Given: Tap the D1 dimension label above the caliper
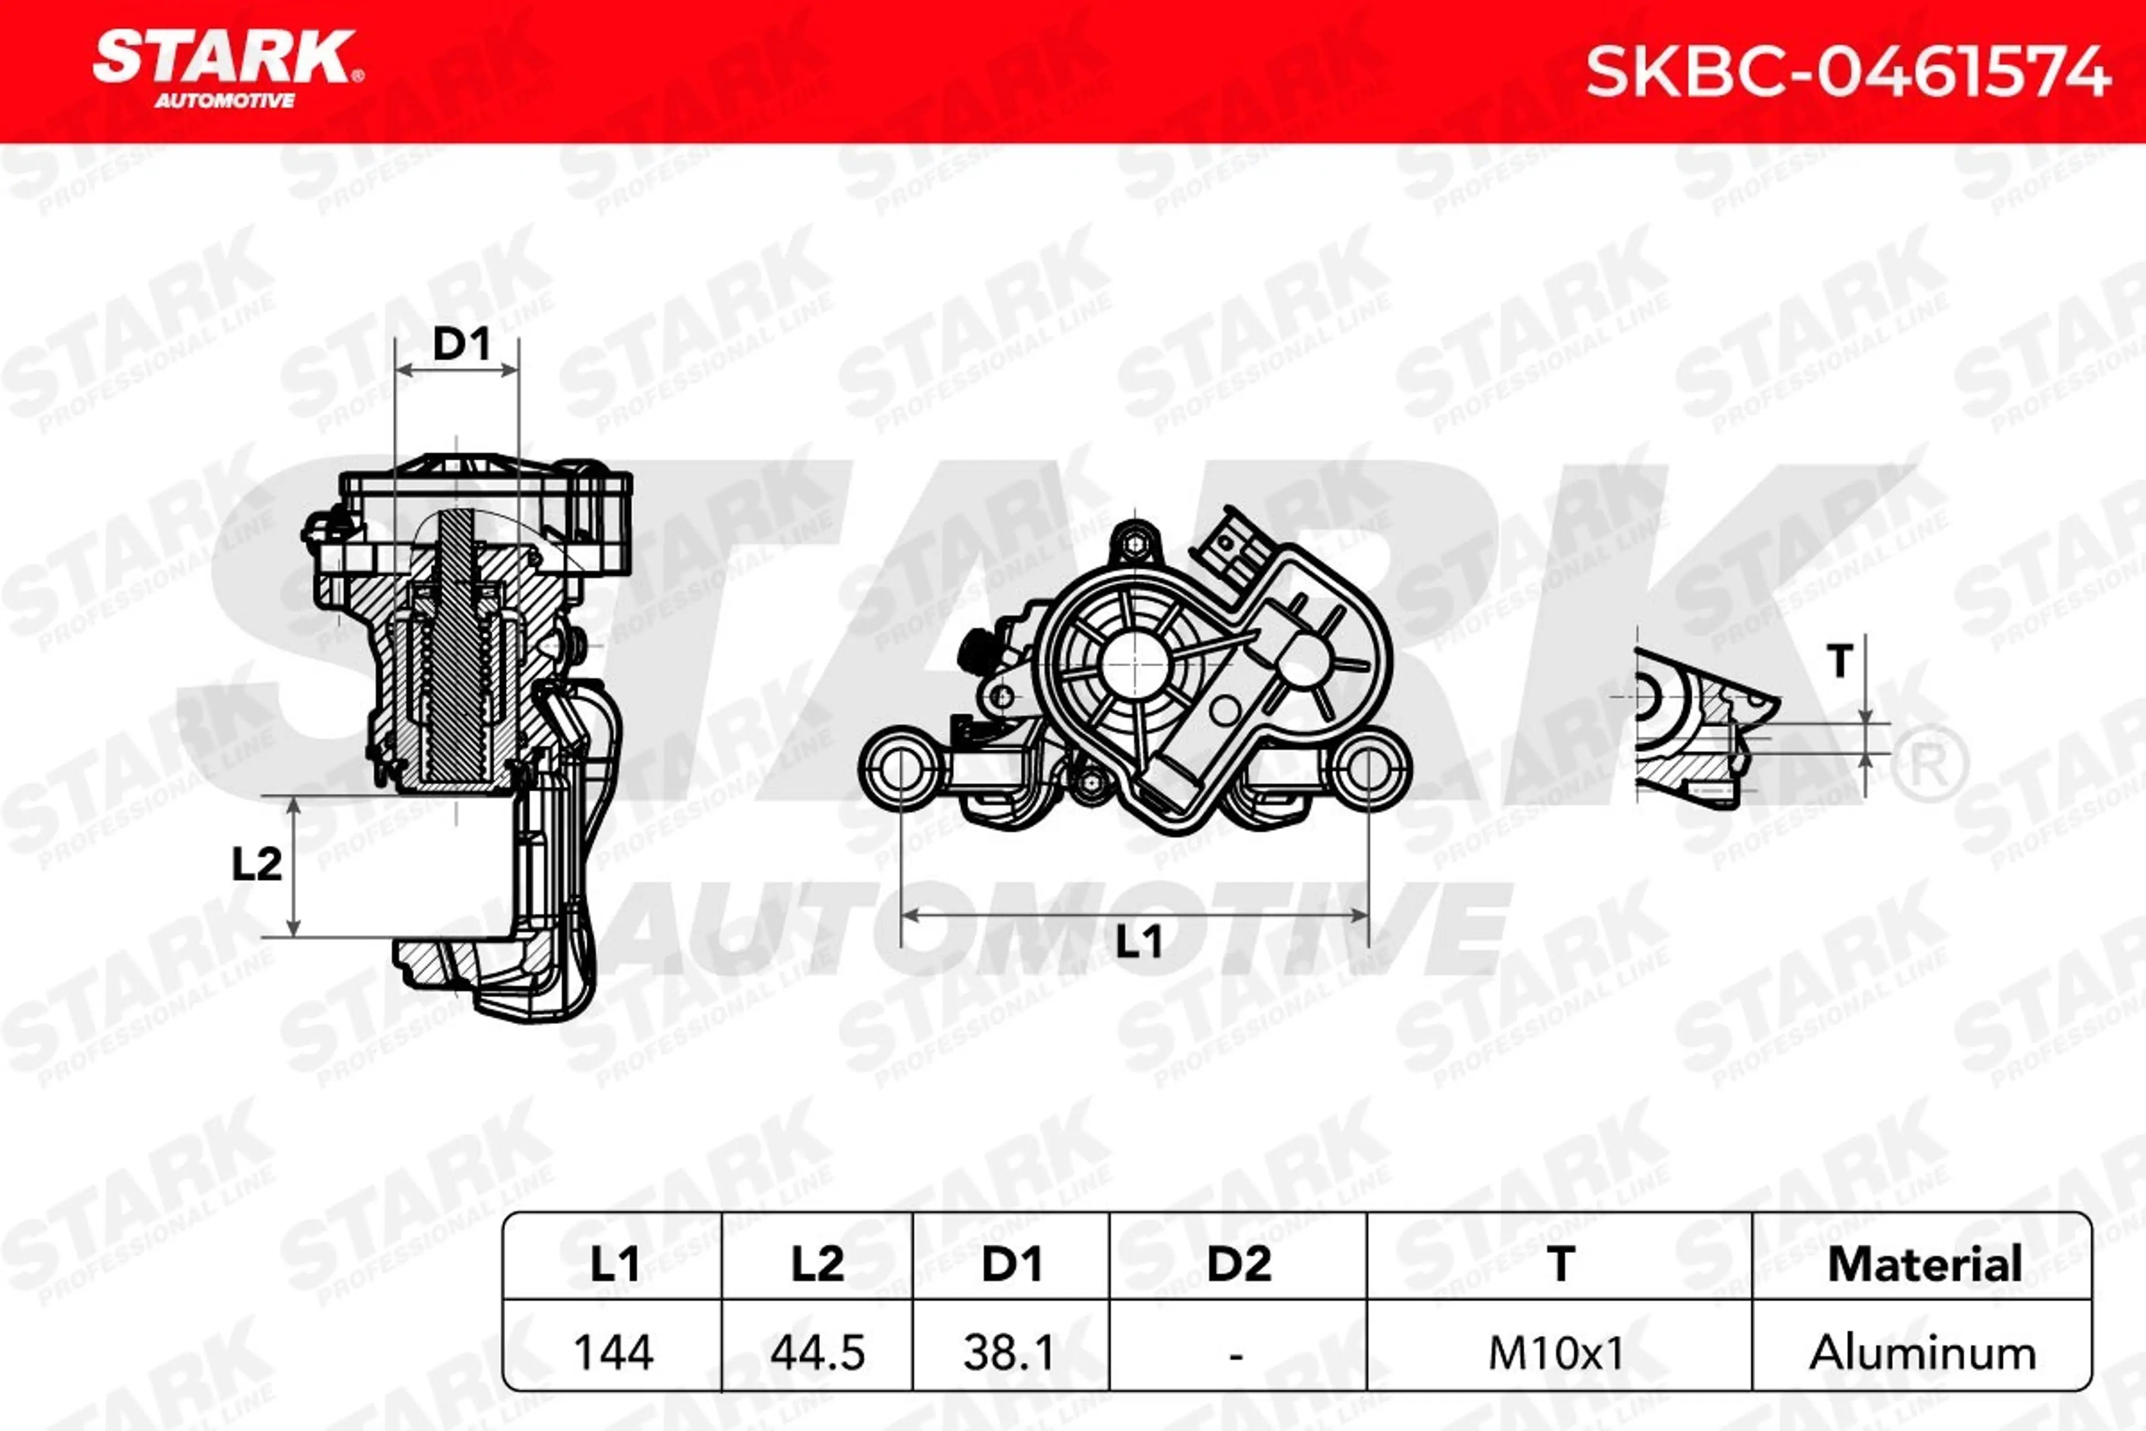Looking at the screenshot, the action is point(460,344).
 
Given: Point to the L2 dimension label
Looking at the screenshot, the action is point(257,864).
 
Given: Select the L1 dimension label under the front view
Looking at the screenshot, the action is point(1140,941).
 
